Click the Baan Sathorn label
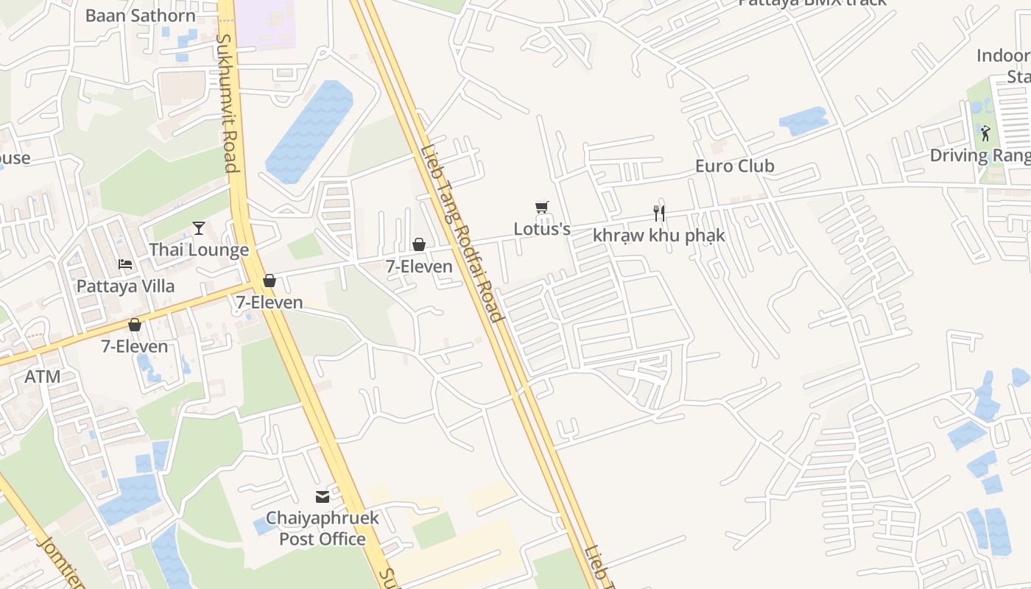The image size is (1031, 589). tap(141, 15)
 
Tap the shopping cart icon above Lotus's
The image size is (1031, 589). tap(542, 208)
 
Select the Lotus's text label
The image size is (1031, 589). tap(542, 229)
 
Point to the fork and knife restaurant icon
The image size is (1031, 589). tap(659, 214)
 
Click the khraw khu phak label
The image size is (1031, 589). tap(659, 236)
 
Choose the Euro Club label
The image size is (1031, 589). tap(735, 166)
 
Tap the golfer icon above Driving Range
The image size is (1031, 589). tap(985, 133)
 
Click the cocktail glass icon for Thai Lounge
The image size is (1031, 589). tap(199, 228)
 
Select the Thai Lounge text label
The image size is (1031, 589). tap(199, 250)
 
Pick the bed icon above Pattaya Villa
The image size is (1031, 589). tap(125, 264)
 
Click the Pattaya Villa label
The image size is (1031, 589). tap(125, 286)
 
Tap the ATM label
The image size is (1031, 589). tap(43, 377)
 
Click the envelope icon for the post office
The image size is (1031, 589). tap(323, 497)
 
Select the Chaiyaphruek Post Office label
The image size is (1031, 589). tap(323, 529)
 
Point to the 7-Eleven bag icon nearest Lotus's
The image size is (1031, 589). tap(419, 244)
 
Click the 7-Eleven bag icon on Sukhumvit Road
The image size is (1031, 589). tap(270, 281)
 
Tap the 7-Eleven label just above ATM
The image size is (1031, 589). tap(135, 346)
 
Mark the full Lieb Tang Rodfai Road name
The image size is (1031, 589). tap(461, 233)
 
